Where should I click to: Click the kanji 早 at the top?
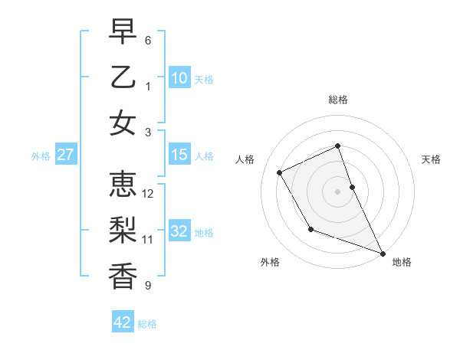click(x=122, y=32)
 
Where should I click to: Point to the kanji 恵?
click(x=122, y=185)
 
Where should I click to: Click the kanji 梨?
click(x=122, y=230)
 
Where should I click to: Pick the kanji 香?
click(x=122, y=275)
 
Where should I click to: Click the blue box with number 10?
click(x=179, y=77)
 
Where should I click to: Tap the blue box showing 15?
click(x=179, y=155)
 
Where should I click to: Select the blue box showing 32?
click(x=179, y=231)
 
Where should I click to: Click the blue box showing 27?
click(x=66, y=155)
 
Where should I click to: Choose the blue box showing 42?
click(x=123, y=322)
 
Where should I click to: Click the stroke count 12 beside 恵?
click(x=149, y=194)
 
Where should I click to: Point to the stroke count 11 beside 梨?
click(x=149, y=240)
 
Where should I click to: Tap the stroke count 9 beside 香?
click(x=148, y=286)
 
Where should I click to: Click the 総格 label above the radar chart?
click(x=338, y=100)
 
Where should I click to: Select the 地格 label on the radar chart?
click(x=402, y=262)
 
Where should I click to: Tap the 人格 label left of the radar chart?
click(x=245, y=159)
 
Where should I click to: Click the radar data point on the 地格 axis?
click(x=383, y=253)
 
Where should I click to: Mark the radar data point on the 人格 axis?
click(x=279, y=172)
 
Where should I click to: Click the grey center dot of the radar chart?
click(x=338, y=191)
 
